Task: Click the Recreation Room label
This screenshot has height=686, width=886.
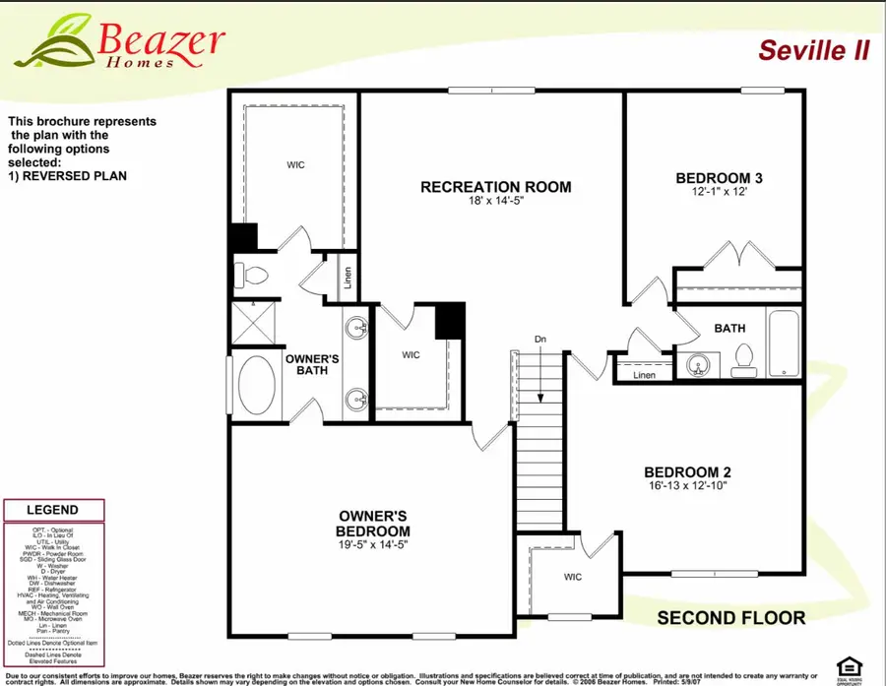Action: [495, 187]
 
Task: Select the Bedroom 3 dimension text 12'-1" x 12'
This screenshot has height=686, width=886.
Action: [720, 194]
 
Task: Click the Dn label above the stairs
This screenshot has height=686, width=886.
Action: [540, 341]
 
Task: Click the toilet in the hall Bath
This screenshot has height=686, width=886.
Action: [744, 360]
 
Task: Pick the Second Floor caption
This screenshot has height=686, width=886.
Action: [730, 618]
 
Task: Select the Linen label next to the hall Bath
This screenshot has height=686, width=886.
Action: [644, 375]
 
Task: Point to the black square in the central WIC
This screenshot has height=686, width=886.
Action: [449, 319]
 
